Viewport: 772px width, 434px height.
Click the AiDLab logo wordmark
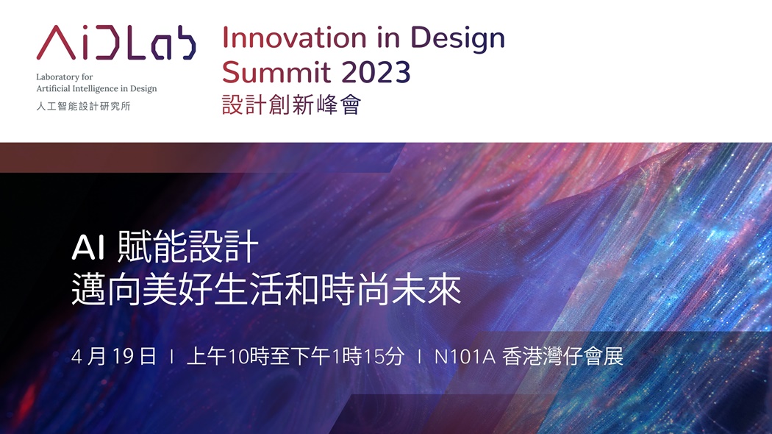click(115, 43)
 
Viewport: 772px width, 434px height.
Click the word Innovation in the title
click(294, 38)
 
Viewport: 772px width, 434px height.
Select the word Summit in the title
click(276, 72)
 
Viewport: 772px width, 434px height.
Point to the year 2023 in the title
click(376, 72)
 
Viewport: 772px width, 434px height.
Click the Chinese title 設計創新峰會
click(291, 104)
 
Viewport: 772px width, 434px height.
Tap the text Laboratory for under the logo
click(65, 77)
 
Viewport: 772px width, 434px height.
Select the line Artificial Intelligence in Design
click(96, 89)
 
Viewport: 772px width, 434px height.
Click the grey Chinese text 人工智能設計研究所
click(83, 106)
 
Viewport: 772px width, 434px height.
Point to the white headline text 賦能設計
click(188, 246)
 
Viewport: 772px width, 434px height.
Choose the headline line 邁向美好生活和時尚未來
click(266, 290)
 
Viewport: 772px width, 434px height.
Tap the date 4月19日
click(114, 356)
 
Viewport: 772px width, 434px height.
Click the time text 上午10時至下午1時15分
click(296, 356)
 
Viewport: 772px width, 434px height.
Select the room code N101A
click(464, 357)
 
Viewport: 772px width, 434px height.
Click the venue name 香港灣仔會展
click(562, 356)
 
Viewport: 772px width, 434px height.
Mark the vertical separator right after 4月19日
click(171, 357)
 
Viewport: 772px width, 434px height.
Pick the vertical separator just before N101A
click(419, 357)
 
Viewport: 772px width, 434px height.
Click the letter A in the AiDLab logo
click(56, 43)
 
